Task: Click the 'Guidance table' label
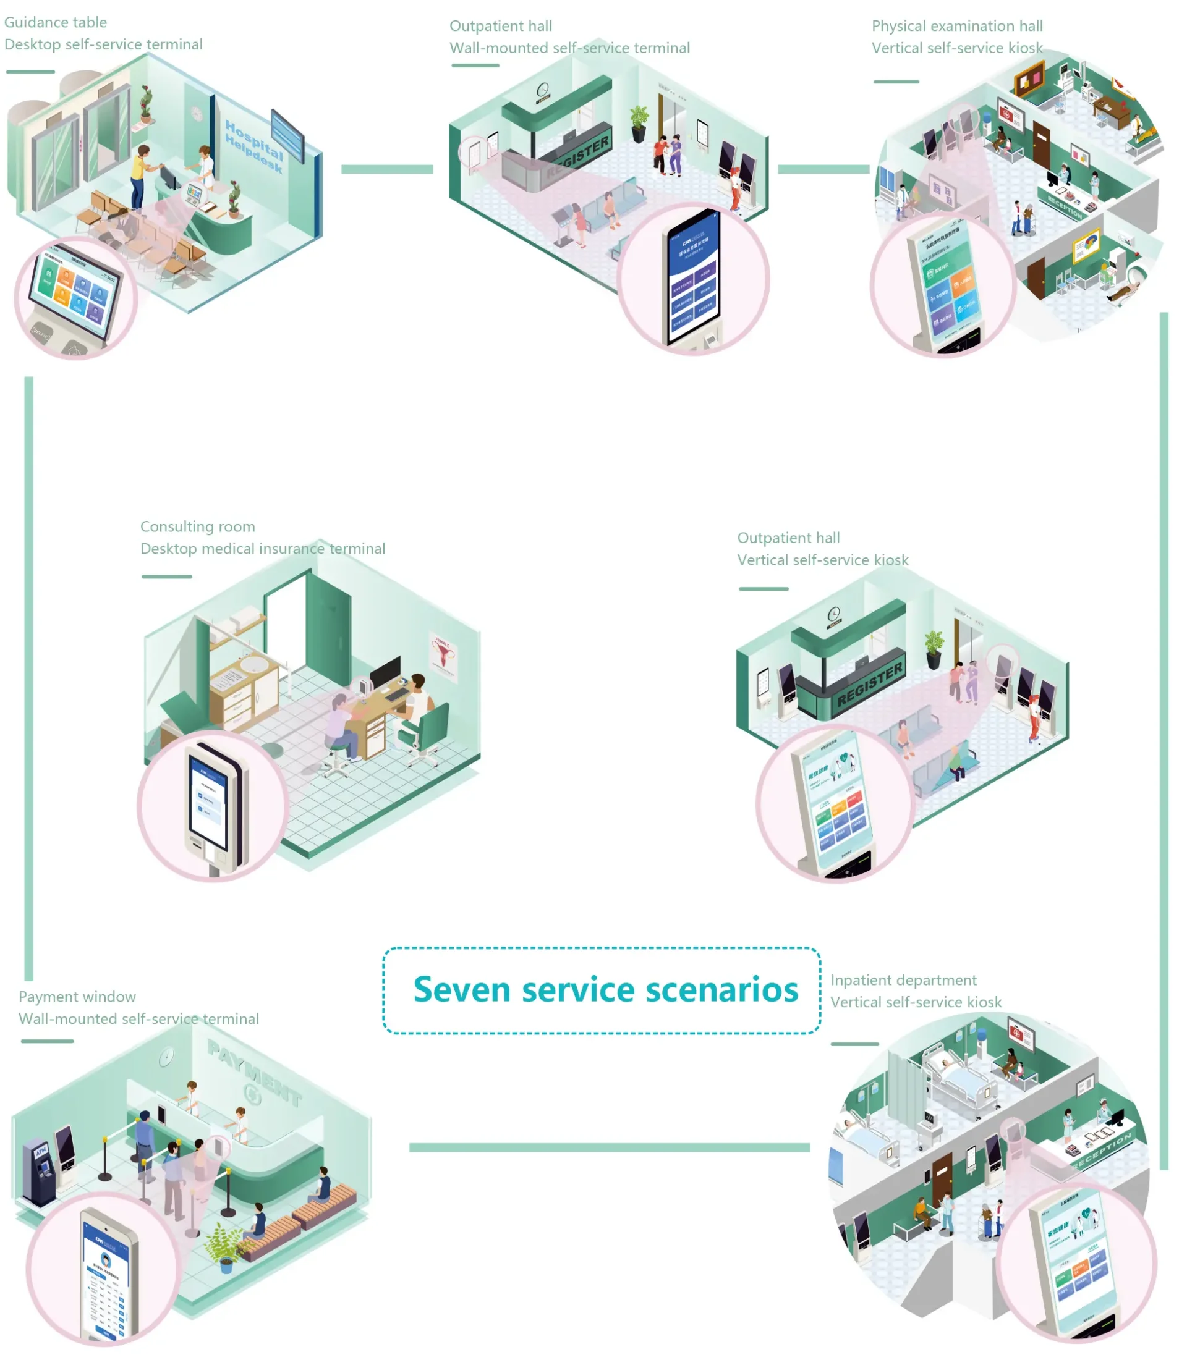pyautogui.click(x=56, y=22)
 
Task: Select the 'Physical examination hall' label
pyautogui.click(x=957, y=26)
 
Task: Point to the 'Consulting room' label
pyautogui.click(x=197, y=526)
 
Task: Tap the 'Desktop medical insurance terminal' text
pyautogui.click(x=262, y=549)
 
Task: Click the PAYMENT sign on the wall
pyautogui.click(x=255, y=1073)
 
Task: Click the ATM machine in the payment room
pyautogui.click(x=41, y=1171)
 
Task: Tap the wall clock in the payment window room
pyautogui.click(x=166, y=1057)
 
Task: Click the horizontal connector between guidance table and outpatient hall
pyautogui.click(x=387, y=169)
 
